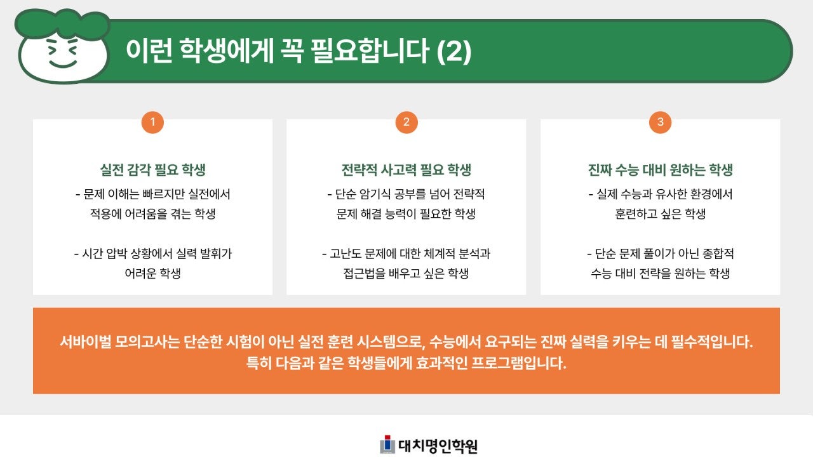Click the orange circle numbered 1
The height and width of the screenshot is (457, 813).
152,123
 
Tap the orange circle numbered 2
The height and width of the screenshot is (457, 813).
406,123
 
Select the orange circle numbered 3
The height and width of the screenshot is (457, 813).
661,123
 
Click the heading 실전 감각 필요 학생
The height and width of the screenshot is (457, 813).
152,170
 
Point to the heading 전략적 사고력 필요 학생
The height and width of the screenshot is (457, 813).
406,170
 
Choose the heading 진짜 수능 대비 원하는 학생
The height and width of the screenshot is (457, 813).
661,170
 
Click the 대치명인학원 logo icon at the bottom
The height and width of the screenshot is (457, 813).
387,445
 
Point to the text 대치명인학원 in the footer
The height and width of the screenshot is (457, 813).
438,446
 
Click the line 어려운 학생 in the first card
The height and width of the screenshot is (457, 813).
152,274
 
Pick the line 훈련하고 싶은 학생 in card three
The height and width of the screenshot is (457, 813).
661,214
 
